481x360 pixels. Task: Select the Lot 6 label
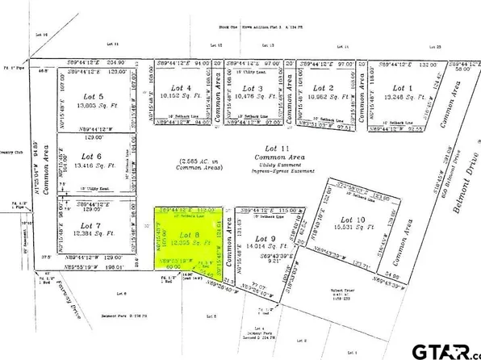click(93, 156)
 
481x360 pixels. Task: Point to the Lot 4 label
click(182, 88)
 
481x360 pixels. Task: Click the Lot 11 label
click(277, 148)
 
